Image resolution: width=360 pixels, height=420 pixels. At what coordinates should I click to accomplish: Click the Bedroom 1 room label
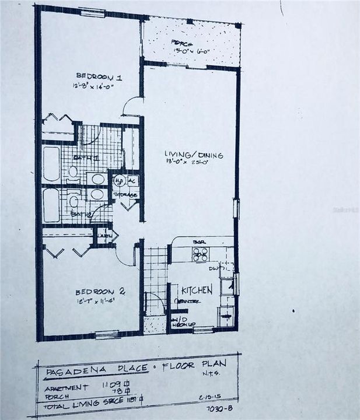click(94, 76)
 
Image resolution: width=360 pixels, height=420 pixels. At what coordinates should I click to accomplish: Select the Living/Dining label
click(186, 155)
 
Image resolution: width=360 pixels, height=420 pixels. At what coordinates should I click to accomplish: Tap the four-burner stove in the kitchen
click(200, 254)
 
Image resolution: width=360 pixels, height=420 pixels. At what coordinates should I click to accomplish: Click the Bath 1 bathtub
click(51, 164)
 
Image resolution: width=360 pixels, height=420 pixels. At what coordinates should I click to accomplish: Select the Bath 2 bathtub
click(51, 205)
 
